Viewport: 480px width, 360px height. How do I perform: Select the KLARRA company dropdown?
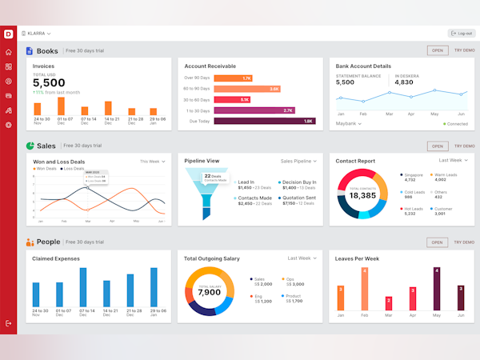point(38,34)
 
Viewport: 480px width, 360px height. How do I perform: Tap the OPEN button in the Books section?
point(437,50)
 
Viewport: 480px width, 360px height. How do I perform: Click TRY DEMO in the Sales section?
point(463,146)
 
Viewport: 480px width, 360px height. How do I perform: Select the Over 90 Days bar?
point(234,78)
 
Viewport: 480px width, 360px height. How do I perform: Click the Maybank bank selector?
point(348,124)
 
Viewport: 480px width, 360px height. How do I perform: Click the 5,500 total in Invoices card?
point(49,83)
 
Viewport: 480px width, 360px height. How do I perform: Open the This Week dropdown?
point(153,161)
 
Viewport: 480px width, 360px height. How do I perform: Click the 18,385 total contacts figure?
point(362,195)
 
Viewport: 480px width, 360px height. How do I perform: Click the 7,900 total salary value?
point(209,292)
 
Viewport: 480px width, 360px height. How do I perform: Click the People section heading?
point(48,242)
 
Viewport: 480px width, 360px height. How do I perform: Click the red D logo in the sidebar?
point(8,34)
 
